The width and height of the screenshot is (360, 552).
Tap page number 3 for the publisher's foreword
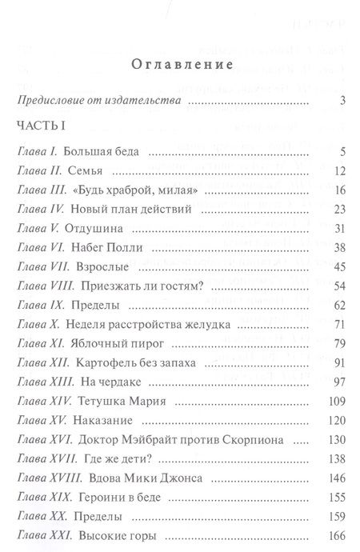pyautogui.click(x=342, y=101)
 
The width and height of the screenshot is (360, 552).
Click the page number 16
pyautogui.click(x=339, y=190)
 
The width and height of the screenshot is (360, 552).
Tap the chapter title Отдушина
pyautogui.click(x=104, y=228)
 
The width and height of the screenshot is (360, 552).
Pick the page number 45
pyautogui.click(x=339, y=266)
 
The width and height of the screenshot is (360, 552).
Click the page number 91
pyautogui.click(x=339, y=362)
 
